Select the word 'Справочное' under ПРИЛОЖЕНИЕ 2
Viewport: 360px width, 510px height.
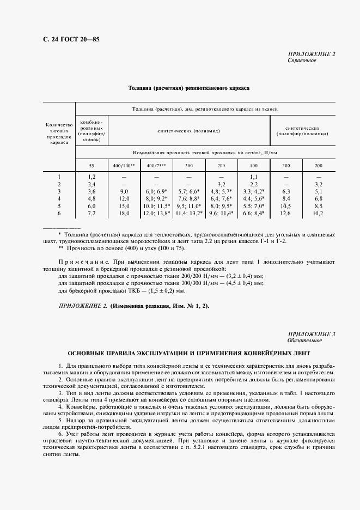302,60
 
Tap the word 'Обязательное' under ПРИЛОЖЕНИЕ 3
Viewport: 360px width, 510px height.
304,340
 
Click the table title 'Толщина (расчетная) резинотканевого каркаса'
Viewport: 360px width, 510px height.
188,88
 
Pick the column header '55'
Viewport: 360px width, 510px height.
92,165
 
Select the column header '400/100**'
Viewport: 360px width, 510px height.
124,165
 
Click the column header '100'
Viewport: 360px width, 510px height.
253,165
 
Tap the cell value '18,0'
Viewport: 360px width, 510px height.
124,214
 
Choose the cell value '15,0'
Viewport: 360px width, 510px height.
124,207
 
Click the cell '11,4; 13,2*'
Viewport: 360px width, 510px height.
188,214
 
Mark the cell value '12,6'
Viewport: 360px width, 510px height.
286,214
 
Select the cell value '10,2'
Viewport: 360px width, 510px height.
319,214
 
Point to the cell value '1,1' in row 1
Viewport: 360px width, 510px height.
253,177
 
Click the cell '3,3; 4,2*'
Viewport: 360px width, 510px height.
253,192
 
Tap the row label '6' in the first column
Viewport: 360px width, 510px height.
59,214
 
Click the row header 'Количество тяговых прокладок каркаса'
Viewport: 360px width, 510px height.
59,133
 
